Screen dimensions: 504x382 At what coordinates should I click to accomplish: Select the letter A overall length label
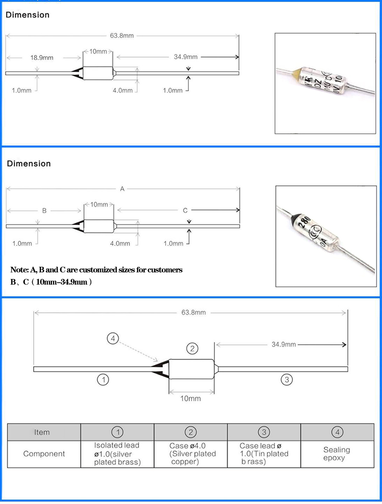[122, 189]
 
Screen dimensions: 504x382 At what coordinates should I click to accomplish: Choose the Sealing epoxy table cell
[337, 454]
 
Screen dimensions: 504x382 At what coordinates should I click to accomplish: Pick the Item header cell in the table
[42, 432]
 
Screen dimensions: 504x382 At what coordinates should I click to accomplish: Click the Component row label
[44, 454]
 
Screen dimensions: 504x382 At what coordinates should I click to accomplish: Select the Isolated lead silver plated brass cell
[117, 454]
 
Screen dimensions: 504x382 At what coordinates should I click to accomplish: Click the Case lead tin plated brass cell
[264, 454]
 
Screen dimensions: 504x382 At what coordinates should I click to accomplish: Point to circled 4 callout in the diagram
[114, 338]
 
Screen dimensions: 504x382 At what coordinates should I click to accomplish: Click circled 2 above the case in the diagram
[192, 349]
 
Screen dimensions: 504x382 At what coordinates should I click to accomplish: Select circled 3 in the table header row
[263, 432]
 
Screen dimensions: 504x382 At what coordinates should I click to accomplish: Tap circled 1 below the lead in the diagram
[103, 379]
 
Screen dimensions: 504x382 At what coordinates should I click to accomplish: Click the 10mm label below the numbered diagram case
[190, 398]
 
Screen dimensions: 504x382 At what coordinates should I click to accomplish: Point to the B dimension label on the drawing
[44, 210]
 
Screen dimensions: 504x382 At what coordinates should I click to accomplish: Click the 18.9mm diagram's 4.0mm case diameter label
[122, 90]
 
